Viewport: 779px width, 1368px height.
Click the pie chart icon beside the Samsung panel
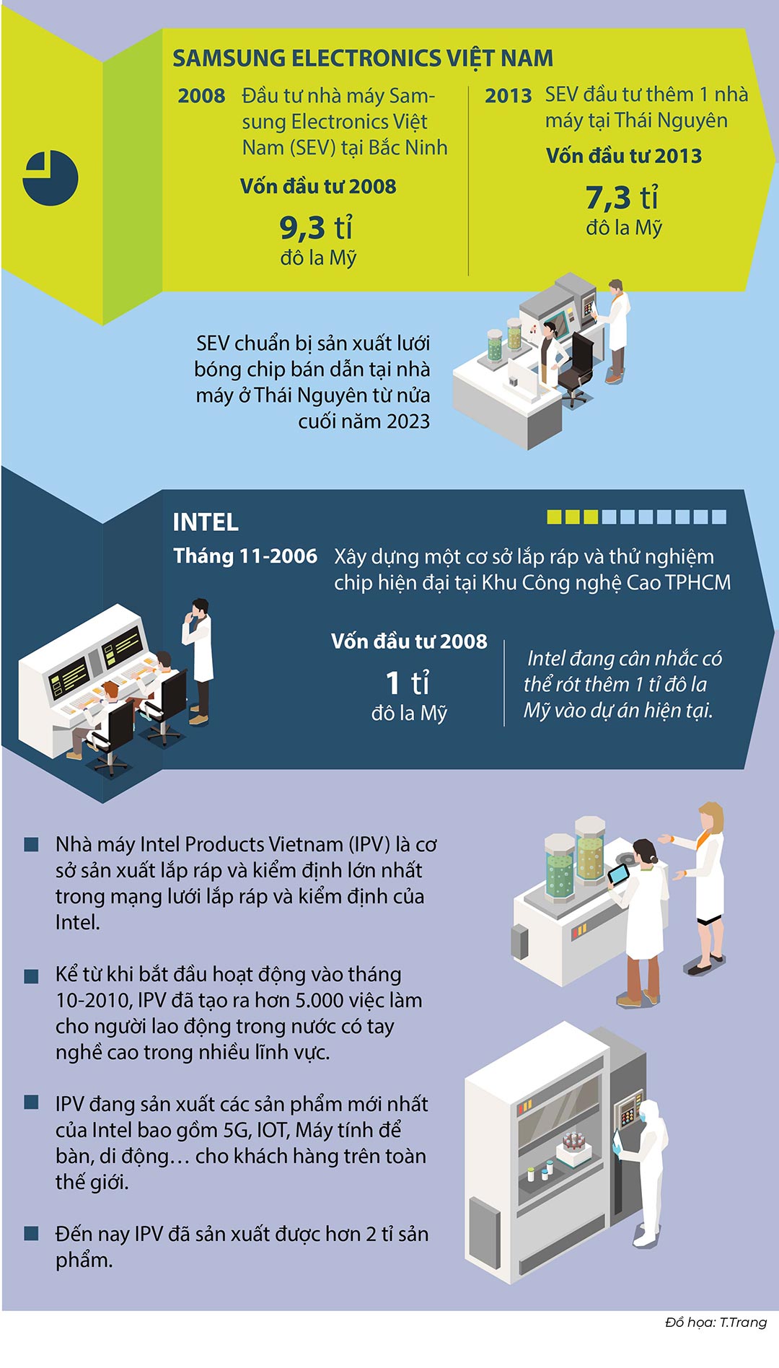pos(50,178)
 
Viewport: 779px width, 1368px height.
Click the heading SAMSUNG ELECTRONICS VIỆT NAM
pos(363,58)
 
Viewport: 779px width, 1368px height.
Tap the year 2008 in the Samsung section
pos(202,96)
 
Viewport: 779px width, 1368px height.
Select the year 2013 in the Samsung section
pos(509,95)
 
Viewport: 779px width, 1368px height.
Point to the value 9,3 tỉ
pos(317,228)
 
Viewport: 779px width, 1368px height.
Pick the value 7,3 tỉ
pos(622,197)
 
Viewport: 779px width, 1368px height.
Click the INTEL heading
pos(206,522)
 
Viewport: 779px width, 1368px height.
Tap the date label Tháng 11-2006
pos(245,556)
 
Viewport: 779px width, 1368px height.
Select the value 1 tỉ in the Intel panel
pos(408,683)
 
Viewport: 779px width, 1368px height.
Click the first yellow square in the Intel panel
pos(554,517)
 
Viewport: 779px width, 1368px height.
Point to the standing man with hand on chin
pos(198,660)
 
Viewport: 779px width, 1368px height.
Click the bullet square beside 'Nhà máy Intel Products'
pos(31,845)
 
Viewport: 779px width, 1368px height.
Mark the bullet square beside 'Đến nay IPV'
pos(31,1234)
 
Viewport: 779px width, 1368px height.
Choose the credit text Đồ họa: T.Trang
pos(716,1322)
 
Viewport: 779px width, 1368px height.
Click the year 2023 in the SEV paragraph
pos(408,421)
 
